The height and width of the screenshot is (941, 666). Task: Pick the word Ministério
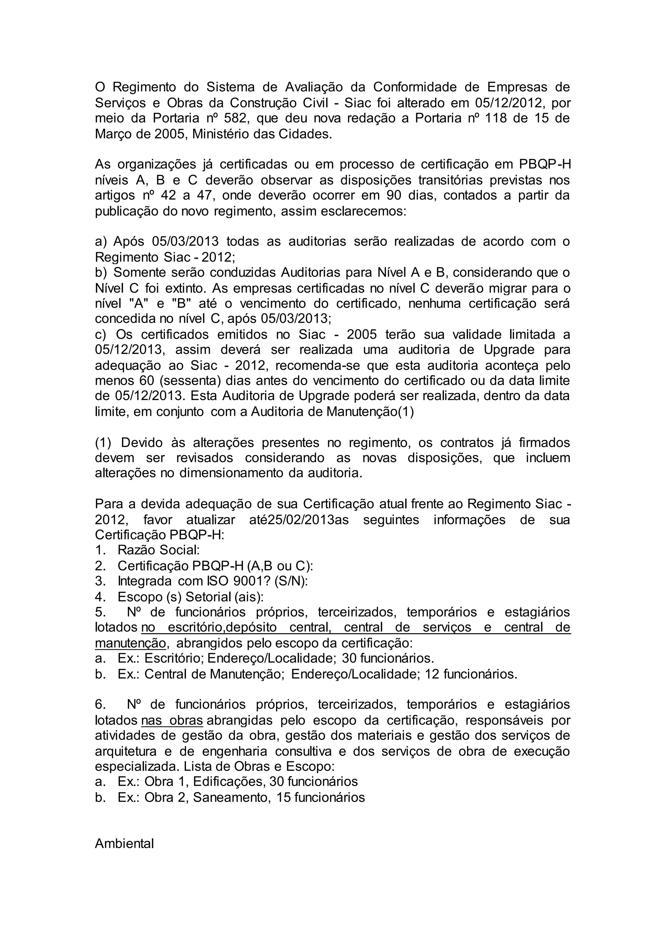[x=221, y=134]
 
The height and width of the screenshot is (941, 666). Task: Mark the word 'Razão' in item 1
[x=136, y=550]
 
